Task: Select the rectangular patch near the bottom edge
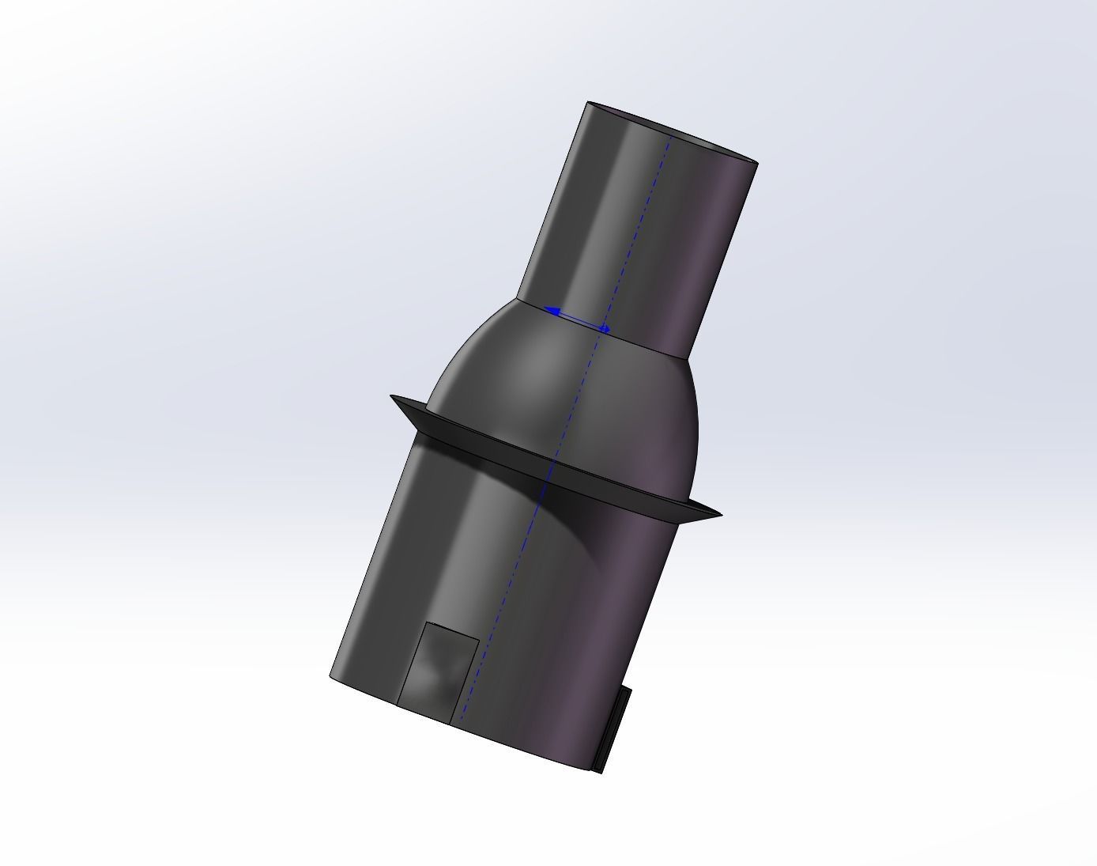click(x=438, y=672)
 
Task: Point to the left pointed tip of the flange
click(x=391, y=397)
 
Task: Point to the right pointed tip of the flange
click(x=720, y=515)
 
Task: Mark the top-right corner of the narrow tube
click(x=757, y=164)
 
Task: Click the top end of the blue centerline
click(x=671, y=135)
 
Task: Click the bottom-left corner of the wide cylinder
click(x=330, y=676)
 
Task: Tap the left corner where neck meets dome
click(x=518, y=299)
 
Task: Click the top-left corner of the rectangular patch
click(x=426, y=622)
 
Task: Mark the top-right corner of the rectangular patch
click(x=479, y=637)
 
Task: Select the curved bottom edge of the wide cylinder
click(x=474, y=732)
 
